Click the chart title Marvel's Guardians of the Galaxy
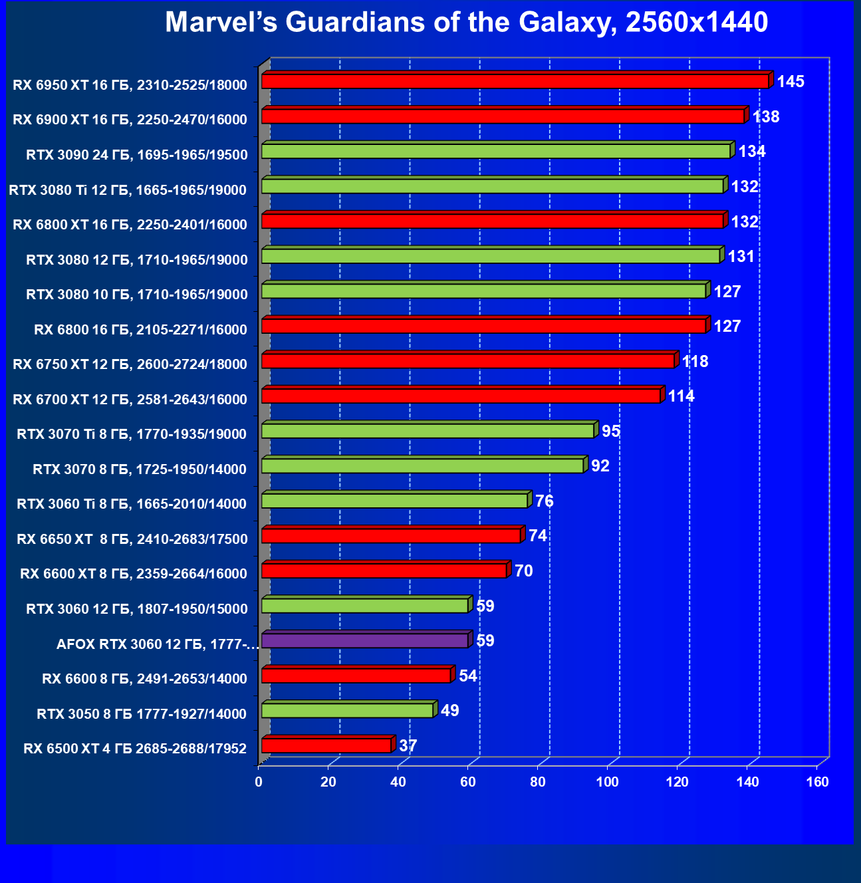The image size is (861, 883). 466,23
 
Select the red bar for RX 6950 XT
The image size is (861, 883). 515,81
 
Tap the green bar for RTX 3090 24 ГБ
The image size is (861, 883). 495,151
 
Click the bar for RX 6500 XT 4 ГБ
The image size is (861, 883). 326,745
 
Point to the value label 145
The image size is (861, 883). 791,82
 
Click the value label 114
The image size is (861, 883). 681,396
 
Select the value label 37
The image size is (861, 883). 408,745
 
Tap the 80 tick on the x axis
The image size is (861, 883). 538,782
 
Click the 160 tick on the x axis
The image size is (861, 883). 817,782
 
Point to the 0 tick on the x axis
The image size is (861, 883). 259,782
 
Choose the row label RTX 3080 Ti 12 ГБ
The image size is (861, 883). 128,190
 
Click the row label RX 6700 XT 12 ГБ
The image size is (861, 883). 130,400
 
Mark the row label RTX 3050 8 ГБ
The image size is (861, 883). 142,714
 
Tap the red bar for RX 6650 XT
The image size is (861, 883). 391,535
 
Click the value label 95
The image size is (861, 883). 610,432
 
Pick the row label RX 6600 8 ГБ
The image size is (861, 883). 144,679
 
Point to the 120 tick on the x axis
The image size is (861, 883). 677,782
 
